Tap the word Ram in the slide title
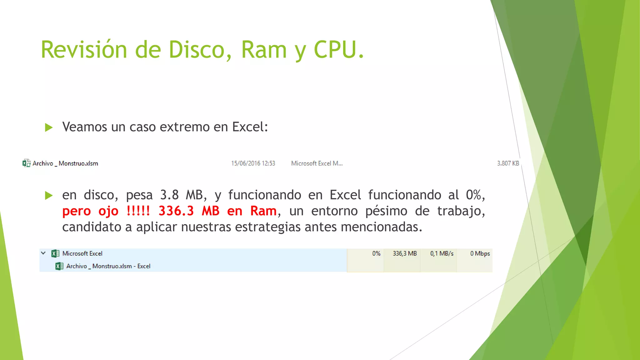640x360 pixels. click(264, 50)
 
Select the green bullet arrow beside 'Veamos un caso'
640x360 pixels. click(49, 127)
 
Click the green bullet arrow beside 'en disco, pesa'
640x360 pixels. click(49, 196)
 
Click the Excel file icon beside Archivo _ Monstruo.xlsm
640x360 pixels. click(26, 163)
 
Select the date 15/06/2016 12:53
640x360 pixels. click(253, 163)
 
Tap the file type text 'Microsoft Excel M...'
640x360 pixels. click(317, 163)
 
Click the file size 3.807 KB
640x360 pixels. click(508, 163)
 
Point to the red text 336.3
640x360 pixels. click(176, 211)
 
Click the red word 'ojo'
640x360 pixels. click(108, 211)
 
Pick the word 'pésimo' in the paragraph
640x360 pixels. click(386, 211)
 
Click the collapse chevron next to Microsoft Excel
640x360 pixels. click(43, 253)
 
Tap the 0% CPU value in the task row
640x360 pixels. click(376, 253)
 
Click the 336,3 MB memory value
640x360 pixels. click(405, 253)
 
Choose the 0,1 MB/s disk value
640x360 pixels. click(442, 253)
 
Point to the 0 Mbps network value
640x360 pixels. click(480, 253)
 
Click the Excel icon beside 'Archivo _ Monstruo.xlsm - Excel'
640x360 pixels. click(59, 266)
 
